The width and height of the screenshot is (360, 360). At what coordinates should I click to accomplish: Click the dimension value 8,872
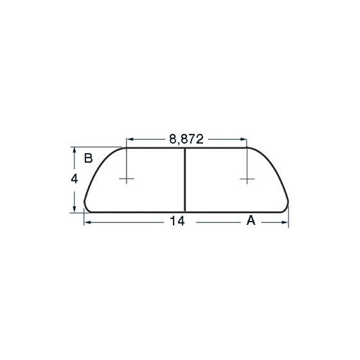186,139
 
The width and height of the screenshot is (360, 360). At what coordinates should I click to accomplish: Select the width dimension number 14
178,221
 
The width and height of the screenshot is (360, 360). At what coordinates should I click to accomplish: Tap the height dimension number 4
75,179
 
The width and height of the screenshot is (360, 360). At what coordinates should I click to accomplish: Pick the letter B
88,158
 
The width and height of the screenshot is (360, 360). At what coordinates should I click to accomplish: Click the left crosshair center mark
126,180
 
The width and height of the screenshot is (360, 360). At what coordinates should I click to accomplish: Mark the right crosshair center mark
247,180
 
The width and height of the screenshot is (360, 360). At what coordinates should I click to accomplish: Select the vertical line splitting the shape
185,180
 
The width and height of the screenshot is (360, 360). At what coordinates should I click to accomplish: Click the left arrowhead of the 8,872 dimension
129,139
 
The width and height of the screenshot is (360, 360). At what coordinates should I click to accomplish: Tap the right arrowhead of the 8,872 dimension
245,139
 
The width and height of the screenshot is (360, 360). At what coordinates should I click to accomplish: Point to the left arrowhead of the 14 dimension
87,222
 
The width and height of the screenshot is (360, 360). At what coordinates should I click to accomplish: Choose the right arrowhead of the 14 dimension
286,222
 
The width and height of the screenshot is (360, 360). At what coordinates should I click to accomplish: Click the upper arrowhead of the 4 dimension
75,149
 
